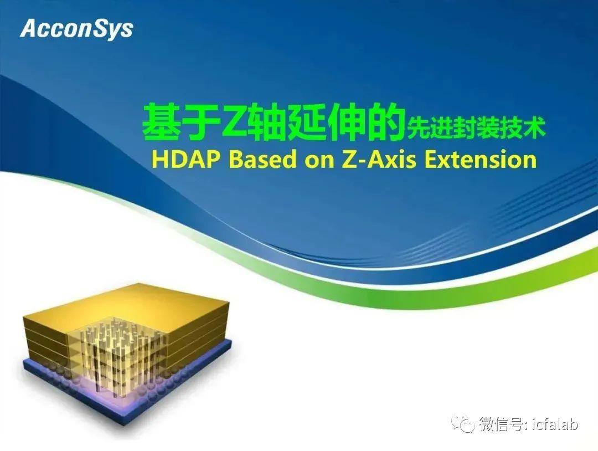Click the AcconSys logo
coord(76,29)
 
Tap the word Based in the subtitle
coord(263,159)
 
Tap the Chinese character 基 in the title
coord(160,122)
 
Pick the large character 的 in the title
coord(386,122)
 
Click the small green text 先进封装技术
coord(476,129)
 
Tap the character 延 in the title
coord(305,122)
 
